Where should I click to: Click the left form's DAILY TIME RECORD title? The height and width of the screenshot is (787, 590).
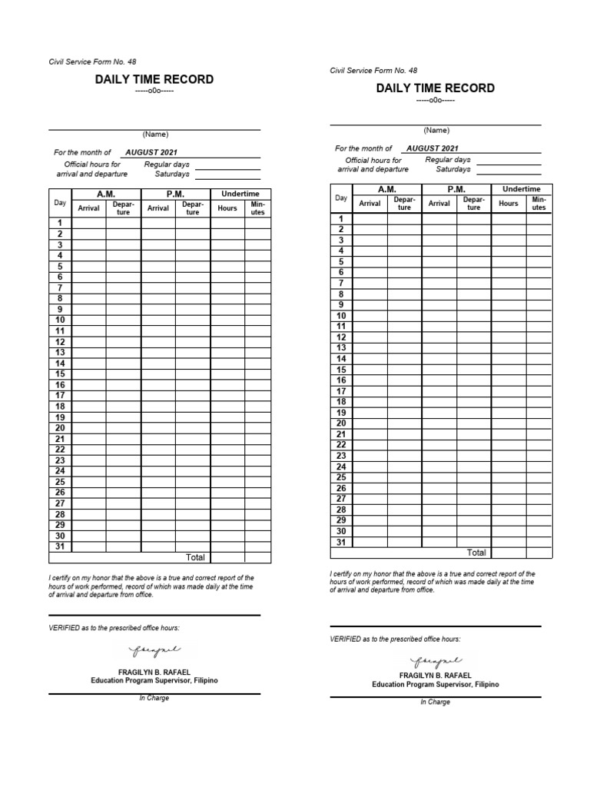[154, 80]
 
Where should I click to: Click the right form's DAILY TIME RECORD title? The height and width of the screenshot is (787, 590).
[436, 88]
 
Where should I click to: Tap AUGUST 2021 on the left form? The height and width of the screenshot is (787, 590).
[151, 153]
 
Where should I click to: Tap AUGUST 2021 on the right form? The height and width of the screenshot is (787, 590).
[433, 148]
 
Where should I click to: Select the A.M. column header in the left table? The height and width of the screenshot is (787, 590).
[106, 194]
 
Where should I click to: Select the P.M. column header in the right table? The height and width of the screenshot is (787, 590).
[456, 189]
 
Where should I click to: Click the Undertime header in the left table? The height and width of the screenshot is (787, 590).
[240, 194]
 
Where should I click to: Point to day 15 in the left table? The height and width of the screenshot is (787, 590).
[60, 374]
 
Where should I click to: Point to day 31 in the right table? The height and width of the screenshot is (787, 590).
[341, 542]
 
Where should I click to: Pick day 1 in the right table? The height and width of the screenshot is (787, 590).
[341, 219]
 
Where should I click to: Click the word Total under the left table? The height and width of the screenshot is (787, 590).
[195, 557]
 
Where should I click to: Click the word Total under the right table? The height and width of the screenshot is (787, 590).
[476, 553]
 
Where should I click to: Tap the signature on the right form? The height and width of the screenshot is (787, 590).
[436, 661]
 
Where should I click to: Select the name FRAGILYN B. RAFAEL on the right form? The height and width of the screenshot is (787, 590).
[436, 675]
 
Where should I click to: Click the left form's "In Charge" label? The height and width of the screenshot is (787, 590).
[154, 698]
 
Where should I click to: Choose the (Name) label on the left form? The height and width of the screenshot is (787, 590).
[154, 134]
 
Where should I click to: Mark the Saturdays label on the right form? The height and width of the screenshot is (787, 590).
[453, 169]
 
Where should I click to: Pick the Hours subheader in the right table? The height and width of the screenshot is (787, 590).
[509, 204]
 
